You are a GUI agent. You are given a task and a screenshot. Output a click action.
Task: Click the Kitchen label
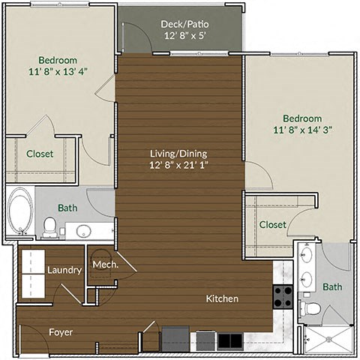pos(222,298)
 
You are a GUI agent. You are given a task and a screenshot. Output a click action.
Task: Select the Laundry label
pos(64,270)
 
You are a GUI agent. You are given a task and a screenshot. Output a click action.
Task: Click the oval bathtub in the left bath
pos(19,212)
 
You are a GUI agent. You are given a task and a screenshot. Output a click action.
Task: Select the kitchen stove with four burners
pos(283,298)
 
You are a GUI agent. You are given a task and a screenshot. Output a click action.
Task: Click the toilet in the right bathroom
pos(310,308)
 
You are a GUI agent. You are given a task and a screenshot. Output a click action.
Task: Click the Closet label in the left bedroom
pos(40,154)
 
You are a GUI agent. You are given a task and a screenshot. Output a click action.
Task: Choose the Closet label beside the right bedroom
pos(272,224)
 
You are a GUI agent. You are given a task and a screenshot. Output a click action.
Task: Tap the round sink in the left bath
pos(84,230)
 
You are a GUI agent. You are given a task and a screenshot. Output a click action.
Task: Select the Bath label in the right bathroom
pos(332,286)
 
